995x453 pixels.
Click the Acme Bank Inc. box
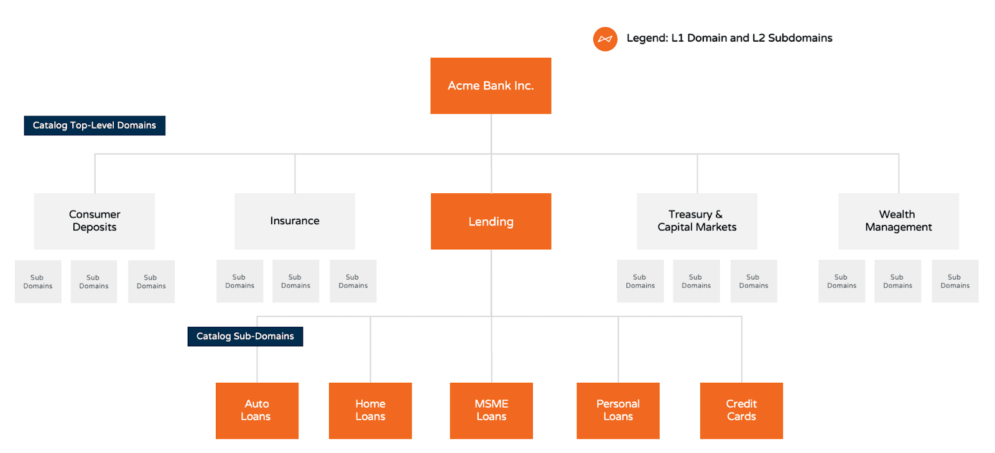click(x=491, y=86)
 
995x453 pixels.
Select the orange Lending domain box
click(x=491, y=221)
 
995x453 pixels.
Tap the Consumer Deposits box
click(x=95, y=221)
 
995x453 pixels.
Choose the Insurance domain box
click(x=295, y=221)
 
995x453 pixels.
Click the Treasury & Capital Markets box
click(x=696, y=221)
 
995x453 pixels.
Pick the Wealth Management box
click(x=898, y=221)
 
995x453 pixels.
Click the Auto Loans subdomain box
click(x=257, y=411)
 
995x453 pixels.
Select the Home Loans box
click(x=370, y=411)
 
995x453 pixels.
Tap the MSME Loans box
click(x=491, y=411)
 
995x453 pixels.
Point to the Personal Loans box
click(x=618, y=411)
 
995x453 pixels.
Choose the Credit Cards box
click(x=741, y=411)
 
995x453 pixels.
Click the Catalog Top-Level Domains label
click(x=95, y=126)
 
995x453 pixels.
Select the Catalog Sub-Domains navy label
click(x=245, y=336)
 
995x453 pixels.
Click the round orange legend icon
click(x=605, y=39)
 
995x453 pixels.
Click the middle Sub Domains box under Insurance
click(x=295, y=281)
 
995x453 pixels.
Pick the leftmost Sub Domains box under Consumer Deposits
click(x=38, y=281)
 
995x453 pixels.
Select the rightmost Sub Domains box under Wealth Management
click(x=955, y=281)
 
